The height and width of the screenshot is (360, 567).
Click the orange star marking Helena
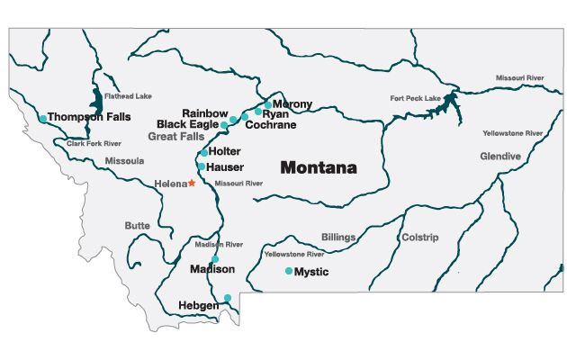click(x=191, y=183)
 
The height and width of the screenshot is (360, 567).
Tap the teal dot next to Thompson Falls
click(x=42, y=118)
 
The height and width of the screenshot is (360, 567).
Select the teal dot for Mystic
click(x=288, y=271)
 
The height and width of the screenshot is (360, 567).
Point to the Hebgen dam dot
click(x=228, y=298)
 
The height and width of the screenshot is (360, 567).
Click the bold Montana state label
click(x=318, y=168)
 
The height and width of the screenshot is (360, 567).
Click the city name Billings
click(x=338, y=238)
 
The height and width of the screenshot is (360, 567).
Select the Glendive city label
click(x=500, y=156)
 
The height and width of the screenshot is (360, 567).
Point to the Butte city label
click(x=138, y=226)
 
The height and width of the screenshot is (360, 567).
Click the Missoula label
click(x=124, y=161)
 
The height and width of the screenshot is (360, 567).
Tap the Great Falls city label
click(x=176, y=136)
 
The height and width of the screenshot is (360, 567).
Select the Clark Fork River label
click(x=94, y=144)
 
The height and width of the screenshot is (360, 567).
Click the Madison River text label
click(x=219, y=245)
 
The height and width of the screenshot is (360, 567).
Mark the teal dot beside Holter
click(x=204, y=152)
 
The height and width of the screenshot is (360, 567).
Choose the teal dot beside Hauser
click(x=201, y=166)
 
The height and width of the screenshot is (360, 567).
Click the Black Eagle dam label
click(x=188, y=124)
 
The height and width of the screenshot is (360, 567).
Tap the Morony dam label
click(x=292, y=104)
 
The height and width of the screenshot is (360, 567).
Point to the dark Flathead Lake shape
click(x=96, y=97)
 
